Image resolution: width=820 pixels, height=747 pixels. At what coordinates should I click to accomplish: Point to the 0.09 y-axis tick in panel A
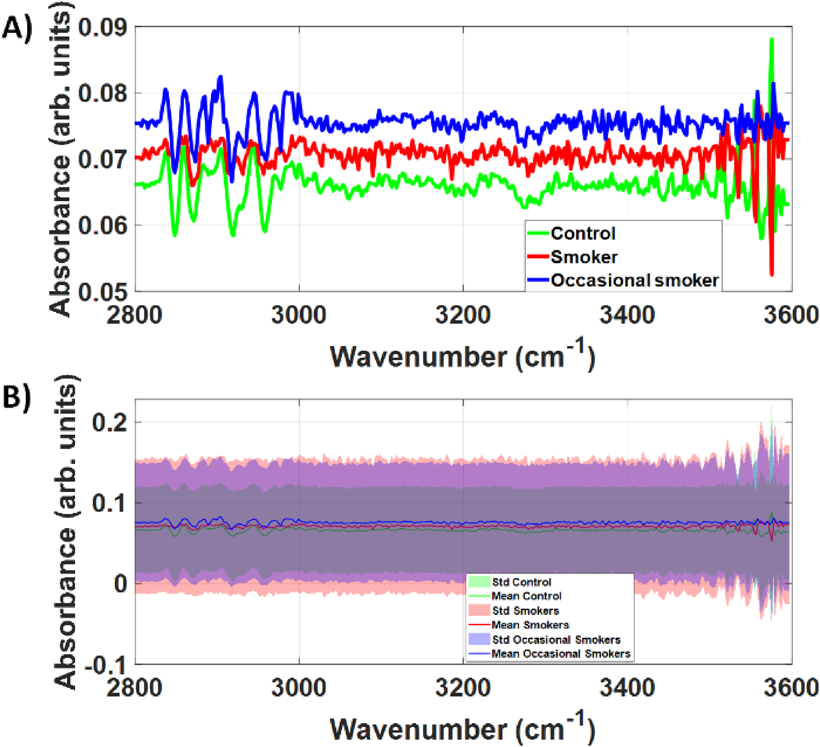(x=97, y=28)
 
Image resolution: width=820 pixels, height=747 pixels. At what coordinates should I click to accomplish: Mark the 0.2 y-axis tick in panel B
(x=109, y=423)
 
